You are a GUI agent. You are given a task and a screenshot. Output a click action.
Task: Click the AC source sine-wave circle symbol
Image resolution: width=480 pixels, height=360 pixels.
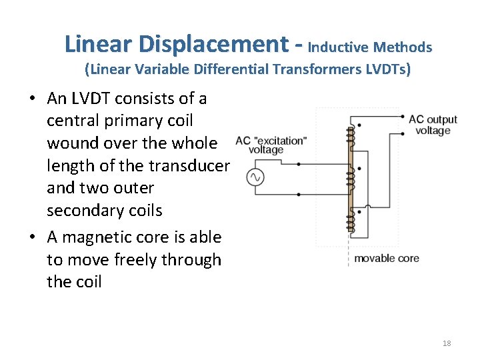click(x=255, y=177)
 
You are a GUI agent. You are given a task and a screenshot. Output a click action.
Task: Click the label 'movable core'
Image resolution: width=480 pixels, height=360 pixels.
click(x=386, y=257)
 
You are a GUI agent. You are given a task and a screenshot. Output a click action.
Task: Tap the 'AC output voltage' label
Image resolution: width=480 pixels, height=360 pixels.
click(x=433, y=125)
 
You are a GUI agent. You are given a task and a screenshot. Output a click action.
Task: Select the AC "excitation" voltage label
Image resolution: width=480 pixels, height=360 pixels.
click(x=271, y=145)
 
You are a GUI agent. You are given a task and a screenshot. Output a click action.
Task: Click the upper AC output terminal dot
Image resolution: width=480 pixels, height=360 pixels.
click(x=403, y=117)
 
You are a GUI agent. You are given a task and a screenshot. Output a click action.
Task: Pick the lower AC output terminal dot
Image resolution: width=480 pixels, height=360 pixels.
click(x=403, y=133)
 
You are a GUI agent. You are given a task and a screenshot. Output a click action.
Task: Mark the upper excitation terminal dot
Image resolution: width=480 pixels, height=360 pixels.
click(x=298, y=163)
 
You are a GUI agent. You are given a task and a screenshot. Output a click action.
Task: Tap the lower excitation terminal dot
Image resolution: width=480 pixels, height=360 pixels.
click(x=298, y=194)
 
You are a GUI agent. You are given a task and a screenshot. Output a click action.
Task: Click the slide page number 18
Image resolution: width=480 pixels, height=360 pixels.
click(x=447, y=343)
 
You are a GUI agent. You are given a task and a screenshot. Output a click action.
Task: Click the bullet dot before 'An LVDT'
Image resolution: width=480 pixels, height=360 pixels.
click(x=31, y=99)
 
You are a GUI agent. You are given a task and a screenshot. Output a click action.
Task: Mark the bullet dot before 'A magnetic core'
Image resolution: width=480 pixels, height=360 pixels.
click(x=31, y=238)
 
